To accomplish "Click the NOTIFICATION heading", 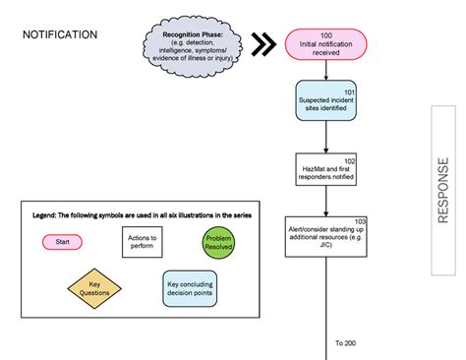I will [60, 34].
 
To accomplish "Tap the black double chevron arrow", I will [262, 44].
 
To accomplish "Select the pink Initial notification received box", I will [326, 44].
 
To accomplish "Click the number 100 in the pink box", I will [326, 35].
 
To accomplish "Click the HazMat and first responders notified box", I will [326, 171].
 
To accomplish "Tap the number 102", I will [348, 159].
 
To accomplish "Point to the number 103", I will [359, 221].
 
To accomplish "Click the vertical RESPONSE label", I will [443, 190].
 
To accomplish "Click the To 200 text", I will [345, 342].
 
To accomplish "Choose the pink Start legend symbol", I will [61, 241].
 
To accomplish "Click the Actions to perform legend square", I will [143, 242].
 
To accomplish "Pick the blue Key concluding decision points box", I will [189, 289].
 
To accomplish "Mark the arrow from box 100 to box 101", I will [326, 70].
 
